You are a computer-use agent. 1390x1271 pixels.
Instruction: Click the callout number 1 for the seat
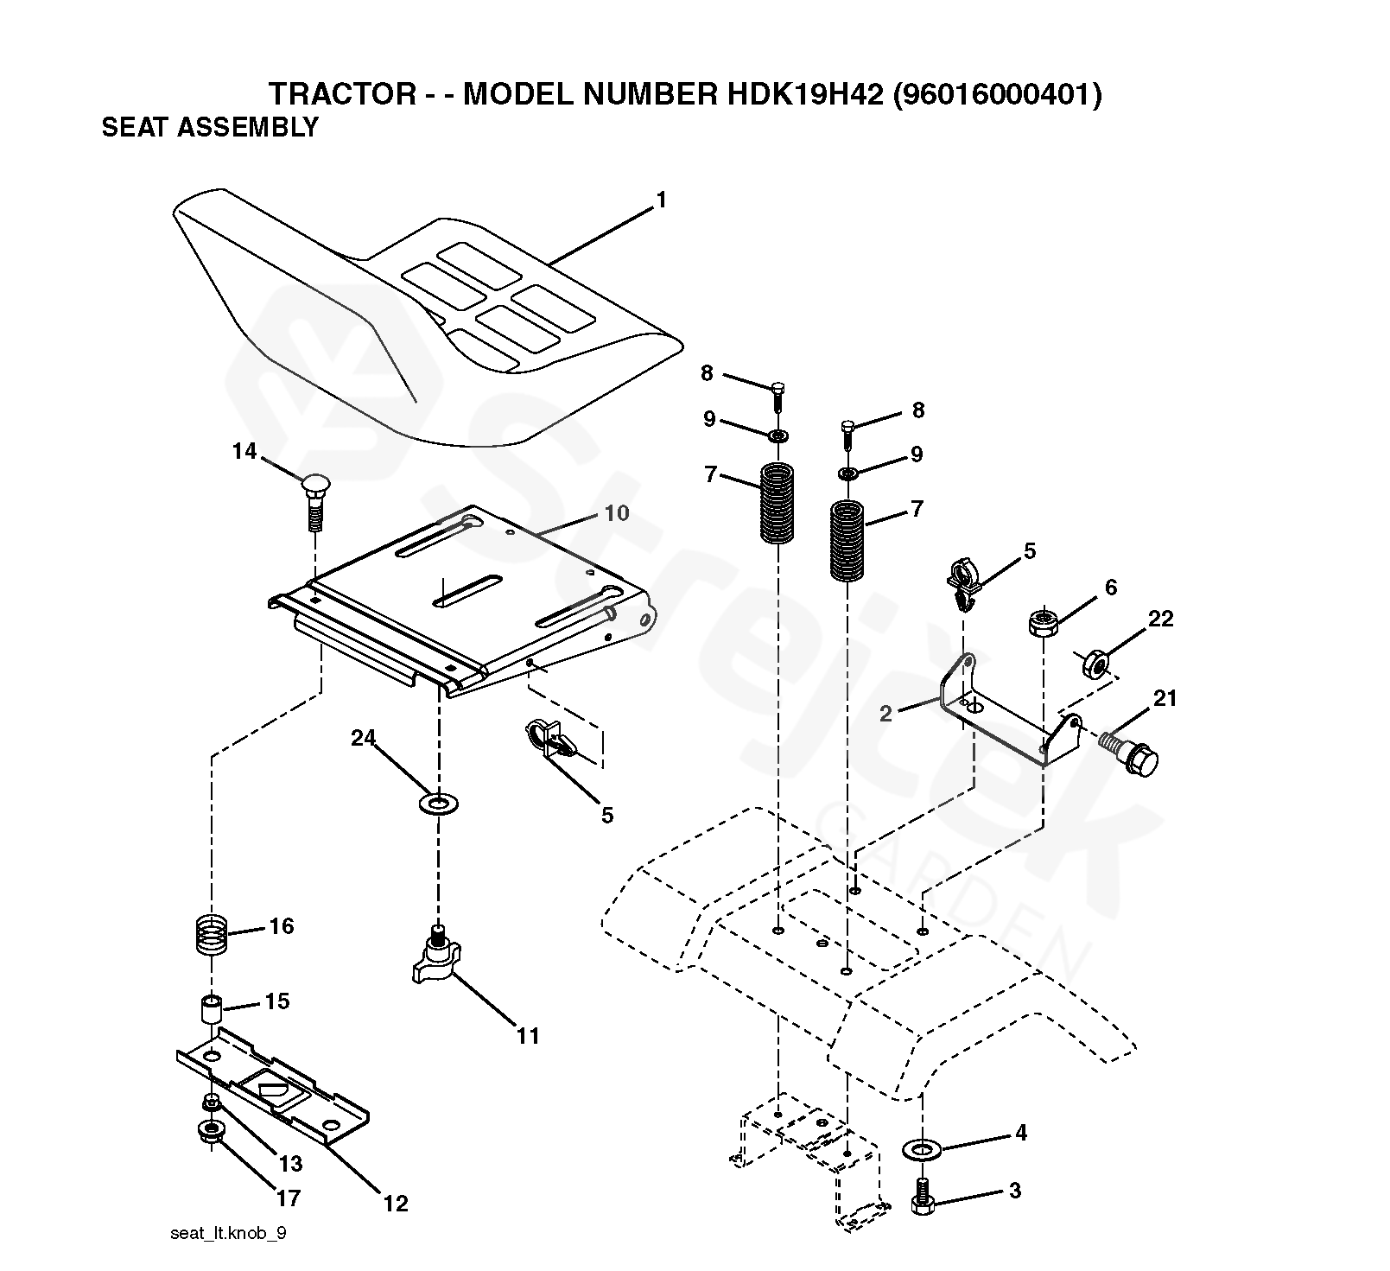[x=661, y=200]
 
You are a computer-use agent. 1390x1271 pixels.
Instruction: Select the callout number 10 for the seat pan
[x=616, y=513]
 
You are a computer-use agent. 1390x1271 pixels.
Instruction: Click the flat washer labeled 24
[x=439, y=804]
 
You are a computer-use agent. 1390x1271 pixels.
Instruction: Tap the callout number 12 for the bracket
[x=396, y=1203]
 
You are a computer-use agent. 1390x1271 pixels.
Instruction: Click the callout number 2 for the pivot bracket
[x=885, y=713]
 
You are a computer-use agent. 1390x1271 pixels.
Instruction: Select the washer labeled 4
[x=922, y=1149]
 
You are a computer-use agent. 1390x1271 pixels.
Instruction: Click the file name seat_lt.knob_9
[x=228, y=1233]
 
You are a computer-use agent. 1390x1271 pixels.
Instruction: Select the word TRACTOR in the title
[x=343, y=93]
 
